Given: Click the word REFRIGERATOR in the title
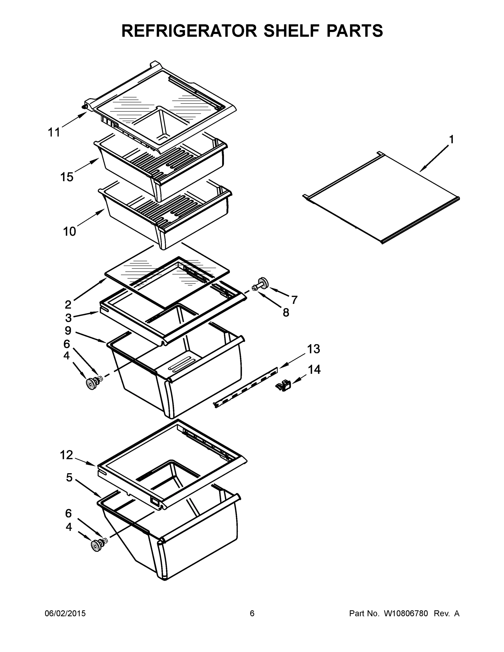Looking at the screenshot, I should (x=189, y=31).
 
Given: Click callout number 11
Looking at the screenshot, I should (x=54, y=132).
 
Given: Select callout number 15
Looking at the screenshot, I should (x=67, y=177).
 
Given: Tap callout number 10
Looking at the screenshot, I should (x=70, y=231).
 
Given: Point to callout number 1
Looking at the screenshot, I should (x=452, y=139).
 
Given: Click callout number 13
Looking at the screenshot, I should (x=314, y=349).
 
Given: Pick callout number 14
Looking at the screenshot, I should (x=314, y=369).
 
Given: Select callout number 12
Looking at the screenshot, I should (x=66, y=455).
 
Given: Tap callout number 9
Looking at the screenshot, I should (x=68, y=330).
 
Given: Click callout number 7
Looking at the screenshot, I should (x=295, y=299).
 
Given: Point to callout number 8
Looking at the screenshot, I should (x=286, y=313).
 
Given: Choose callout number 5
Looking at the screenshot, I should (x=69, y=478).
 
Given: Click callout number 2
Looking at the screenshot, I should (x=68, y=305).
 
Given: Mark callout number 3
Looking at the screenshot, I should (x=68, y=318).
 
